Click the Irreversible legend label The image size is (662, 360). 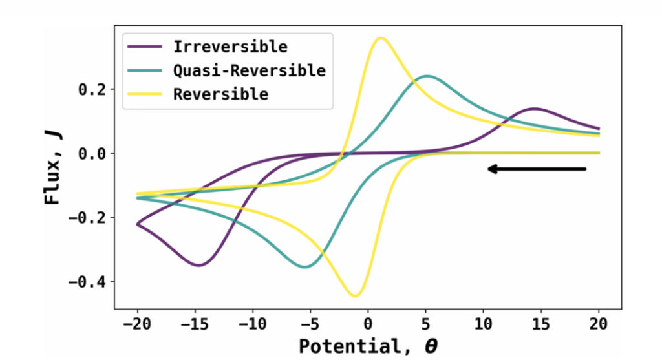click(230, 47)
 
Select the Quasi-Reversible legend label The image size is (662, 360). click(249, 70)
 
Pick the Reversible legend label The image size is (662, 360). click(220, 94)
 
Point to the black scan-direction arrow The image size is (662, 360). click(537, 169)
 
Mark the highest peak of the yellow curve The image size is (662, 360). click(381, 38)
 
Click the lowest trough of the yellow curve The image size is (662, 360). click(355, 296)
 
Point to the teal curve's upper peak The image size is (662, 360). click(427, 76)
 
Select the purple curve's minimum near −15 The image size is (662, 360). click(198, 265)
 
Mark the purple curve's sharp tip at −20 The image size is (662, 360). click(137, 224)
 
